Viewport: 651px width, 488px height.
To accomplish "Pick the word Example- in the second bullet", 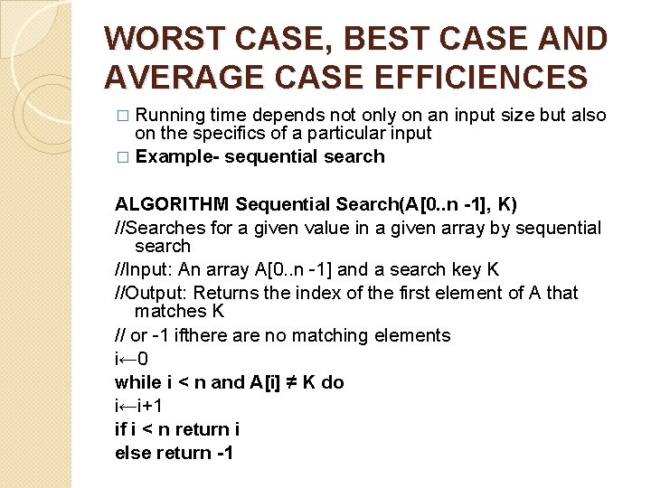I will [176, 156].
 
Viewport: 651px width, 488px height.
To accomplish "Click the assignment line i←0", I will [132, 359].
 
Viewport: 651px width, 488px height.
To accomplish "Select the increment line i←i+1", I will [141, 406].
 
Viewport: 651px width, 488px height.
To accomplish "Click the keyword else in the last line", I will [133, 453].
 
